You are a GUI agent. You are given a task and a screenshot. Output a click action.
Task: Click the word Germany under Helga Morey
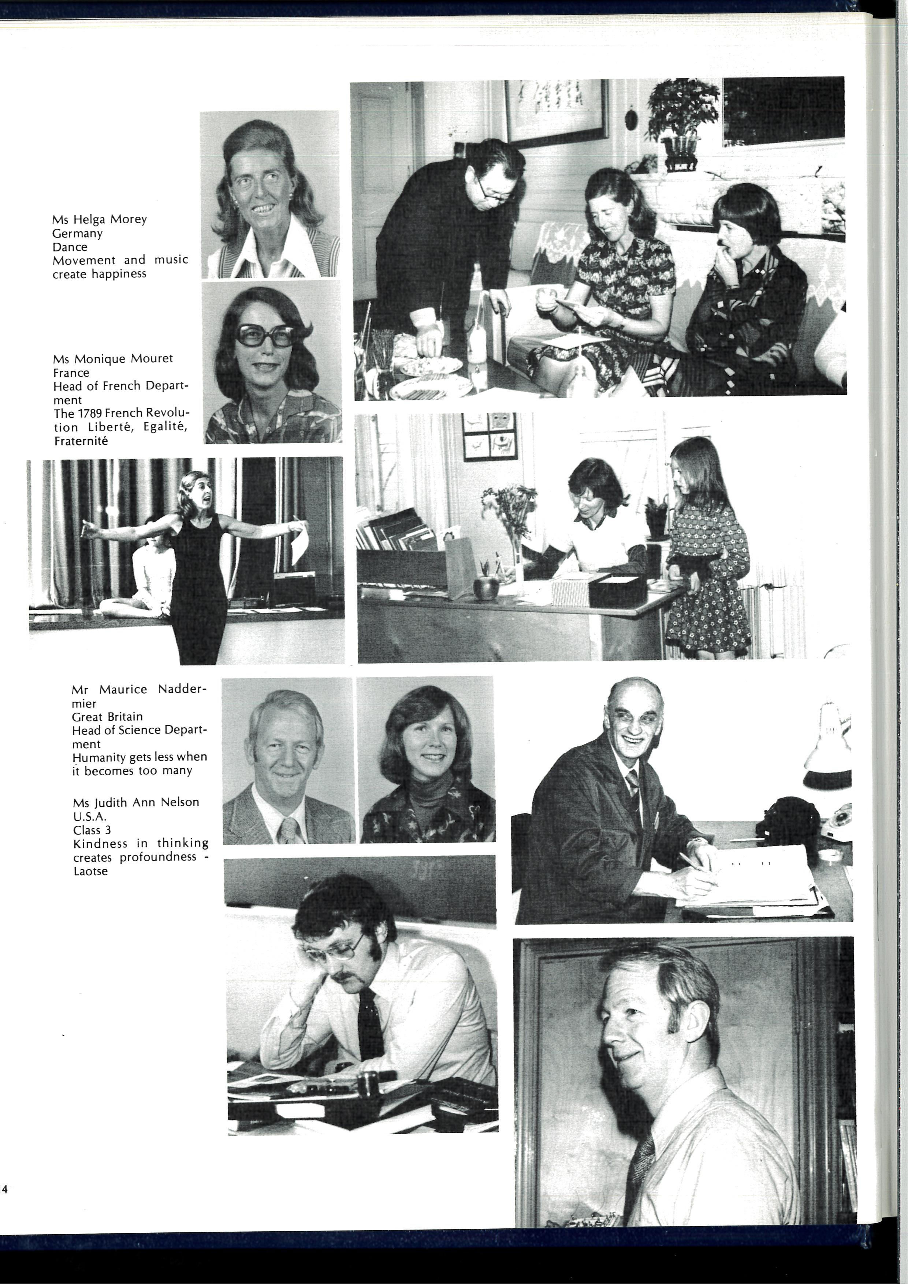point(77,233)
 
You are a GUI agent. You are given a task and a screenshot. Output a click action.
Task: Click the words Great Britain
point(107,717)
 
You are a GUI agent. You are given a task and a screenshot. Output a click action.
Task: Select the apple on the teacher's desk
point(485,587)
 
